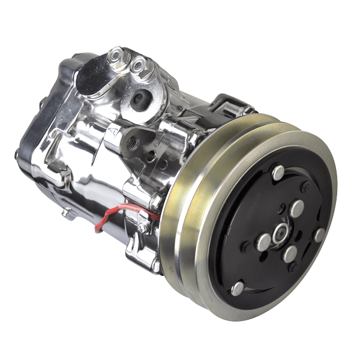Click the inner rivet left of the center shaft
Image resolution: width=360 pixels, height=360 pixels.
[x=263, y=242]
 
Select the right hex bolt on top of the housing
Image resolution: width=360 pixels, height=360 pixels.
[x=139, y=64]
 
